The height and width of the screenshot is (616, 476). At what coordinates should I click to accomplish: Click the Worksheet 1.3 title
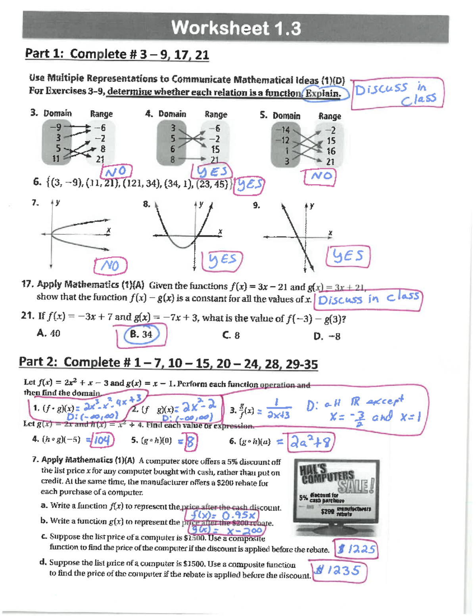coord(236,29)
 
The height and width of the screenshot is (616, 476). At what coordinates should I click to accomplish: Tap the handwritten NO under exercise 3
coord(116,172)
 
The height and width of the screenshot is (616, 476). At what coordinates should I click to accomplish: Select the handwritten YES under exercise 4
coord(212,171)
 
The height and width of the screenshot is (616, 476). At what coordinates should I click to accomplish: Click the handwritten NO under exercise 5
coord(320,177)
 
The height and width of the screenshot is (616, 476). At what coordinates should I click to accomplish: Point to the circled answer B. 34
coord(142,334)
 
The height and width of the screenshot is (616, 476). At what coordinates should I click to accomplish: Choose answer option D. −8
coord(327,336)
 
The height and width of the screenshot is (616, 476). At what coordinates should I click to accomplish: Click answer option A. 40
coord(48,333)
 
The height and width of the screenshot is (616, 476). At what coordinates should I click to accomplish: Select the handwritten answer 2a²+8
coord(311,442)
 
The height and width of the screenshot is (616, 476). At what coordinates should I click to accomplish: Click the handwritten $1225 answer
coord(357,549)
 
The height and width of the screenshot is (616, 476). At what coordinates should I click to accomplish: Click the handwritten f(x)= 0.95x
coord(223,515)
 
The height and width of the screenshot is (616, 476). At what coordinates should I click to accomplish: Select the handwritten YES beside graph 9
coord(347,256)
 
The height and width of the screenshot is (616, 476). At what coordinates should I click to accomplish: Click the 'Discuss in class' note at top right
coord(397,93)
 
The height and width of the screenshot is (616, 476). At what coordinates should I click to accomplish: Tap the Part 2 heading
coord(168,363)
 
